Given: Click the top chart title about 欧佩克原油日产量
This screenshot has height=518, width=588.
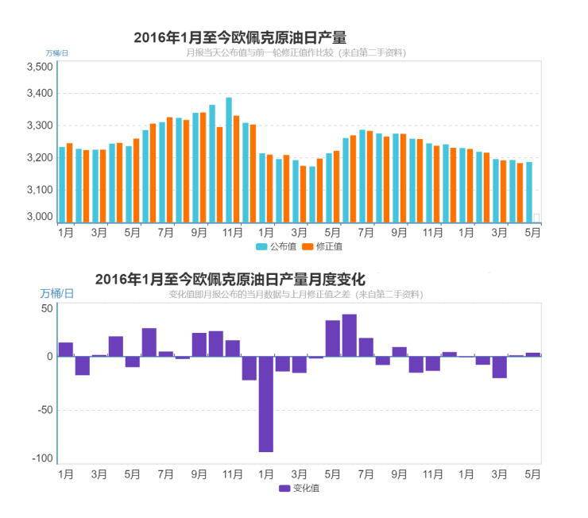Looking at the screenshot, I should point(239,37).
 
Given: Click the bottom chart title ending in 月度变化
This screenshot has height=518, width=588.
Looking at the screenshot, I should point(230,280).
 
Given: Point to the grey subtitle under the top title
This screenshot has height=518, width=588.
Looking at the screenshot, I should point(296,52).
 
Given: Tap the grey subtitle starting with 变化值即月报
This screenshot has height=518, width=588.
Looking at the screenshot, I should point(296,295).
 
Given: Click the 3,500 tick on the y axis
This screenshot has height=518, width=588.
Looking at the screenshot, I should point(40,67).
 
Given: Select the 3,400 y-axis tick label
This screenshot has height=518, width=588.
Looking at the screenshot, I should point(40,94).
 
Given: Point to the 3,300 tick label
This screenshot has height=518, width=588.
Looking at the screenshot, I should point(40,126).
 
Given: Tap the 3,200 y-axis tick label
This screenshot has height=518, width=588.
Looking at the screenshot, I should point(40,157).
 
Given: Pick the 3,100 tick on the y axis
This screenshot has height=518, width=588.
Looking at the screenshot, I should point(40,189).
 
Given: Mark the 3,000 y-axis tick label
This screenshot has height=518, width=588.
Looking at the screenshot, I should point(40,217).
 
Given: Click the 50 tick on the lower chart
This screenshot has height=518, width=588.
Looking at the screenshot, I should point(47,308).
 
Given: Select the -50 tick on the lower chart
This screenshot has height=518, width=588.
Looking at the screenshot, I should point(44,410).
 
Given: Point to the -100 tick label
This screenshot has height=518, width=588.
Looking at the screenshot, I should point(41,458).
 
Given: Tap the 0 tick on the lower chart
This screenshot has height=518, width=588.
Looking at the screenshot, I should point(49,357).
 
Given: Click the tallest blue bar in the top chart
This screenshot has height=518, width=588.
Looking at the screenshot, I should point(229,159).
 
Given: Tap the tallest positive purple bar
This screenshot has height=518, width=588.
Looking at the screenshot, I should point(349,335).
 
